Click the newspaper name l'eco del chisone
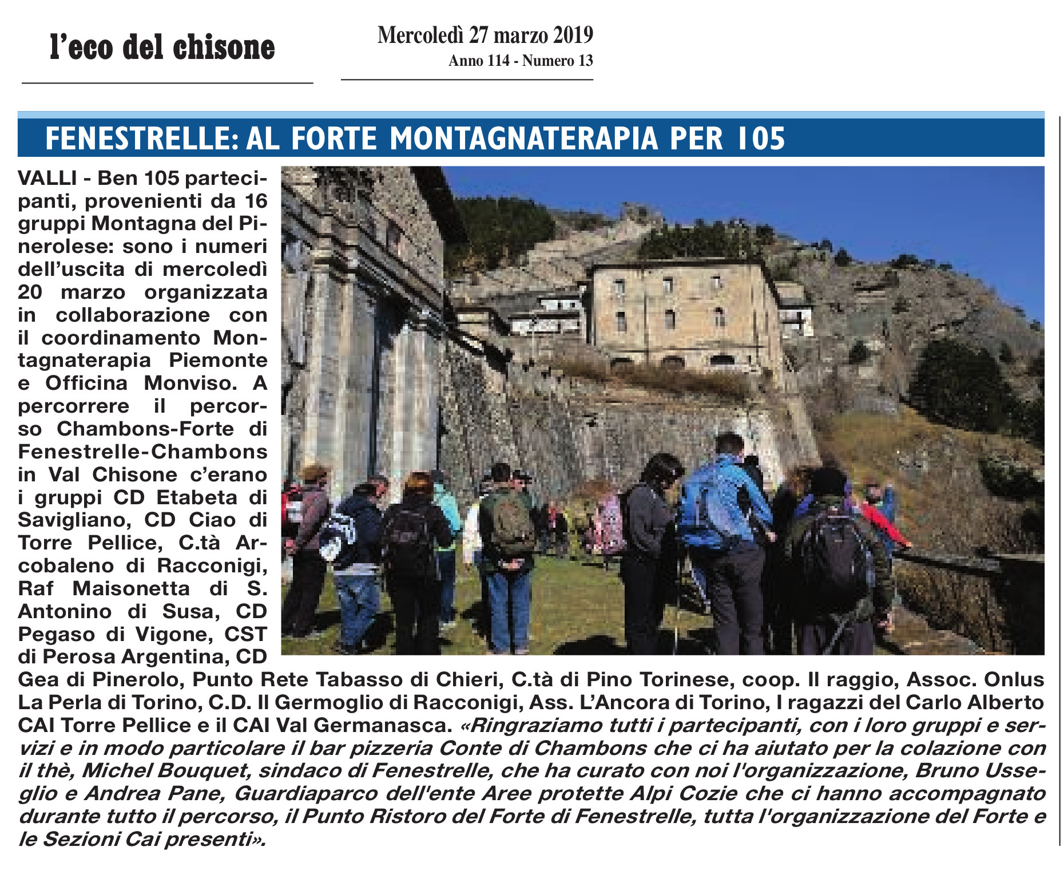pyautogui.click(x=162, y=48)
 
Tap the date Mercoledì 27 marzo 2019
pyautogui.click(x=485, y=35)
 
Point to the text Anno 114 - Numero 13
pyautogui.click(x=521, y=61)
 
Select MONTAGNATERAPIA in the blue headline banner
pyautogui.click(x=524, y=139)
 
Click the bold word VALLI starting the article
pyautogui.click(x=47, y=178)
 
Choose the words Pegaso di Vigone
pyautogui.click(x=116, y=634)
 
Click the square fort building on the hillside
pyautogui.click(x=684, y=312)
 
